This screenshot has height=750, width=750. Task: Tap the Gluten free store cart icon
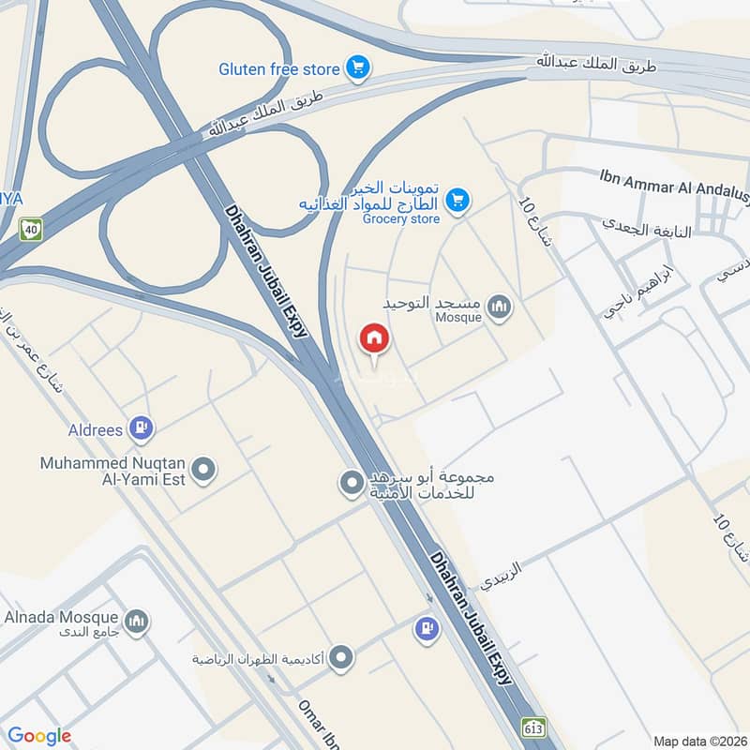pos(356,67)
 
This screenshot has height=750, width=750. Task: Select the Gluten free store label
pos(279,68)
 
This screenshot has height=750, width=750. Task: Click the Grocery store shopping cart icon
pos(457,200)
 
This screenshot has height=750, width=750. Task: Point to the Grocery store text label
pos(400,219)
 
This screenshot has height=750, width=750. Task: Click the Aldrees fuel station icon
pos(142,429)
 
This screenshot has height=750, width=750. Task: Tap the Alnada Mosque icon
pos(137,622)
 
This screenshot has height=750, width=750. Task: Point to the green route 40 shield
pos(31,229)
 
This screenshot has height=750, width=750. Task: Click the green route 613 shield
pos(533,727)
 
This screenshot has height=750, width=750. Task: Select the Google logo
pos(39,736)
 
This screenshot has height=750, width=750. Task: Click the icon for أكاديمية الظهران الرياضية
pos(342,658)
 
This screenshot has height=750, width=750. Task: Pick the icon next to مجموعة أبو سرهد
pos(352,484)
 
